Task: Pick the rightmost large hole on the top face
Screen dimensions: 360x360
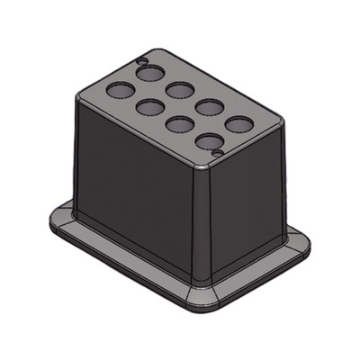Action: pos(238,124)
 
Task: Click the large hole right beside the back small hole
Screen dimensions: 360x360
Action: pos(151,72)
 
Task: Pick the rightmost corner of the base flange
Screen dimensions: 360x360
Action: pos(307,245)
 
